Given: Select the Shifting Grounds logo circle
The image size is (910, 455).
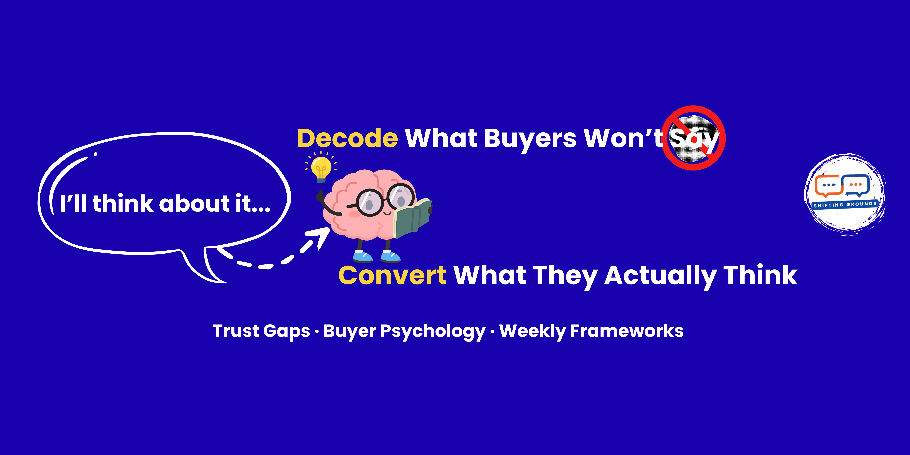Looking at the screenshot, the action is pos(845,194).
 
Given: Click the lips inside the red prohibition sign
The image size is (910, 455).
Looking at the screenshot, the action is pos(694,138).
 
